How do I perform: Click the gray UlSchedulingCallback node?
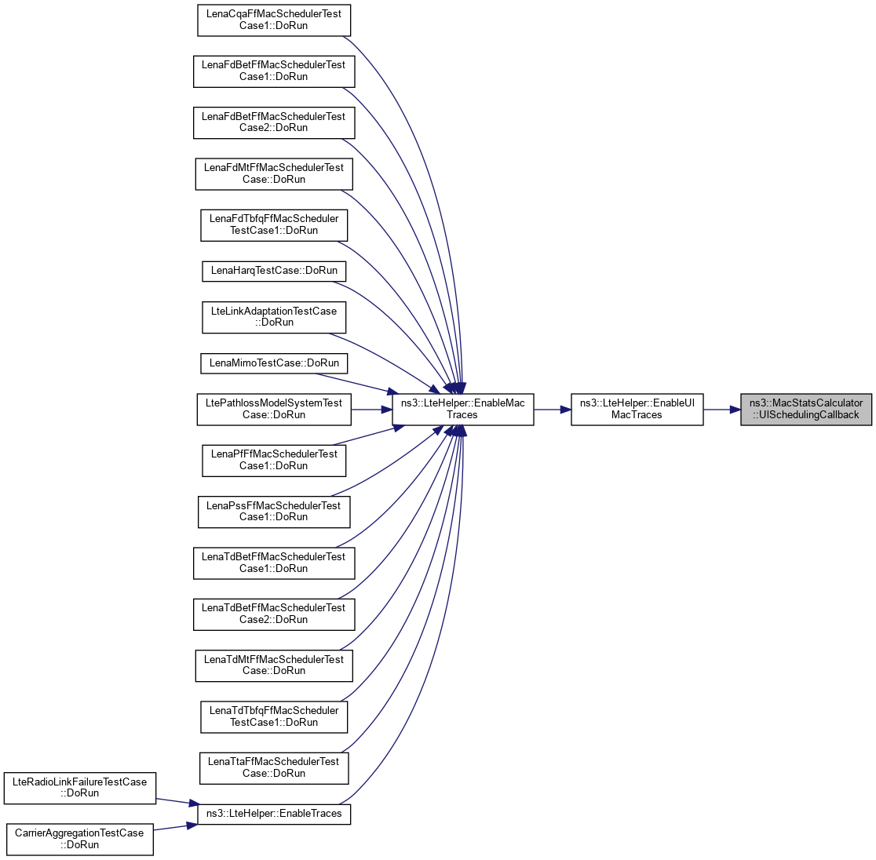806,409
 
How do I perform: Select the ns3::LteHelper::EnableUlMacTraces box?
637,409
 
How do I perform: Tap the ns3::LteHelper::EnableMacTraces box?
462,409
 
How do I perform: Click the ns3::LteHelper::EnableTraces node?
273,814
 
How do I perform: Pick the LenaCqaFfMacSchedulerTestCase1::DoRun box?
273,20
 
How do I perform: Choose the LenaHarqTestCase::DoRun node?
273,271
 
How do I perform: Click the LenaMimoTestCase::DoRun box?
273,363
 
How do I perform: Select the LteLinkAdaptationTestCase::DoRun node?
273,316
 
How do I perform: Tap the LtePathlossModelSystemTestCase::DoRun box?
273,409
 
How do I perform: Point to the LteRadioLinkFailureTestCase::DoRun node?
81,787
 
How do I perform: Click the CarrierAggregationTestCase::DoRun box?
79,838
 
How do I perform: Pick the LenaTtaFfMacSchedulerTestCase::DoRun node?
273,767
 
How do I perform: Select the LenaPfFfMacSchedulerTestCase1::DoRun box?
273,460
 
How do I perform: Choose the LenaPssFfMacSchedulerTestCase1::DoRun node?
273,511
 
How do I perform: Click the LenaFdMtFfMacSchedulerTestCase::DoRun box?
273,173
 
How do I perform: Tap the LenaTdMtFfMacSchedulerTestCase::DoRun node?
273,665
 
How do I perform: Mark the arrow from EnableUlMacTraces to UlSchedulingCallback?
721,409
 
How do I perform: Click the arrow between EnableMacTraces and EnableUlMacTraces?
552,409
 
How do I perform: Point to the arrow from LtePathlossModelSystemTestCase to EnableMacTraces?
372,409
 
